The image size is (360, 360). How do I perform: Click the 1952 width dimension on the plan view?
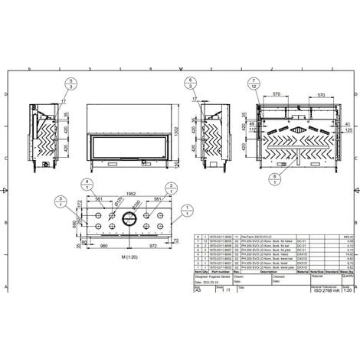coord(132,191)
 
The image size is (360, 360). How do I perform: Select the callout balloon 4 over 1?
coord(86,184)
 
